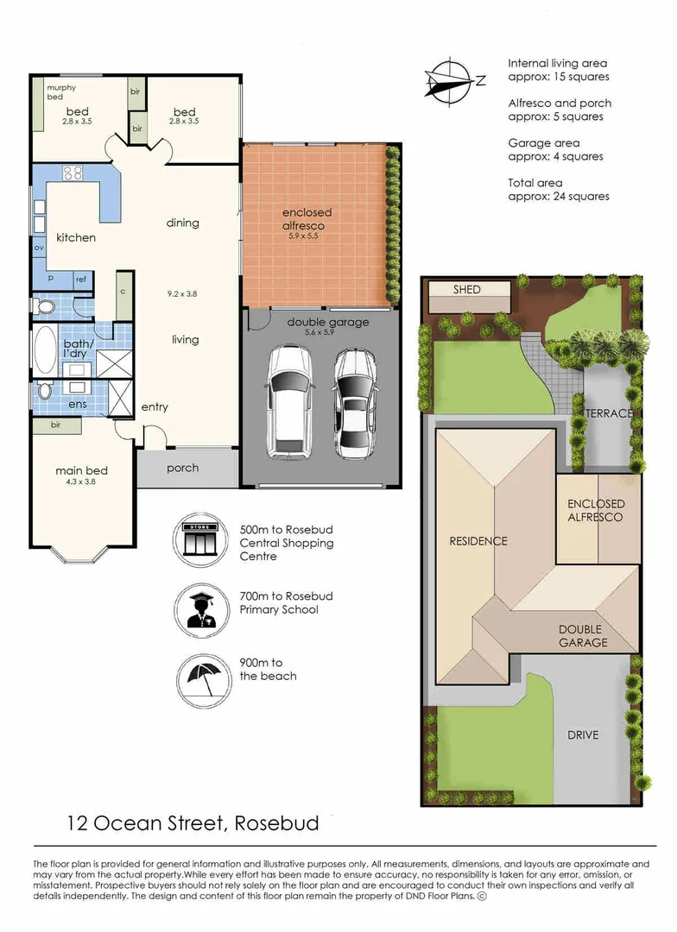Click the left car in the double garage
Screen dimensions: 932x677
pos(290,401)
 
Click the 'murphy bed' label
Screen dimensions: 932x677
pos(61,92)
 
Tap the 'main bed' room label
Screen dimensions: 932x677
pos(81,470)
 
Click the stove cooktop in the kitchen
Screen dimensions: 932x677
pos(73,173)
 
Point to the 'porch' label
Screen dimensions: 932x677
pos(182,469)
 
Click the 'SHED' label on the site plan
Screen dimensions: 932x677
pos(466,290)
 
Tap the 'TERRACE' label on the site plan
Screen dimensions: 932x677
pos(610,413)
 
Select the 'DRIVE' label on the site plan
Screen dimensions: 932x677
pos(583,735)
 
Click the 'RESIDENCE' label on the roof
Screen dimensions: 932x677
pos(478,541)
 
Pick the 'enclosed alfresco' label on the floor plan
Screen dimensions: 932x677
pos(307,218)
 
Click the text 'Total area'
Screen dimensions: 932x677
pos(535,183)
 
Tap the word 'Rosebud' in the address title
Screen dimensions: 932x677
pos(276,823)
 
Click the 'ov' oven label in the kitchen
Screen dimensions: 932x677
pos(39,248)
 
